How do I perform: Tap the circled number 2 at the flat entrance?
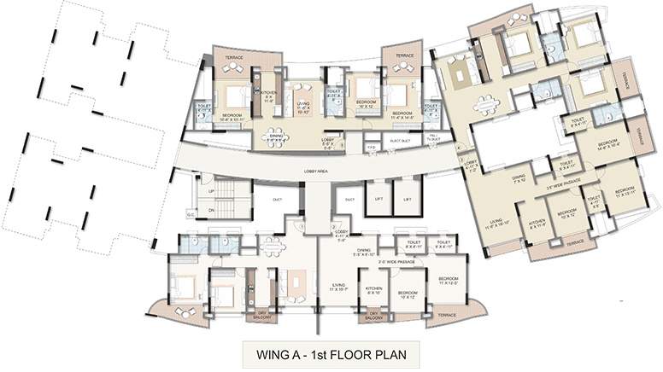click(332, 225)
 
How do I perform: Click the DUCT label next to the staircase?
click(278, 199)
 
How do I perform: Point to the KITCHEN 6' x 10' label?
click(373, 290)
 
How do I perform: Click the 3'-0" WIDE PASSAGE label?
click(398, 261)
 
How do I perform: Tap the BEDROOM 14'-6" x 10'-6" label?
click(608, 144)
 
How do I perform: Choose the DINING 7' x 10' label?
click(517, 178)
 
